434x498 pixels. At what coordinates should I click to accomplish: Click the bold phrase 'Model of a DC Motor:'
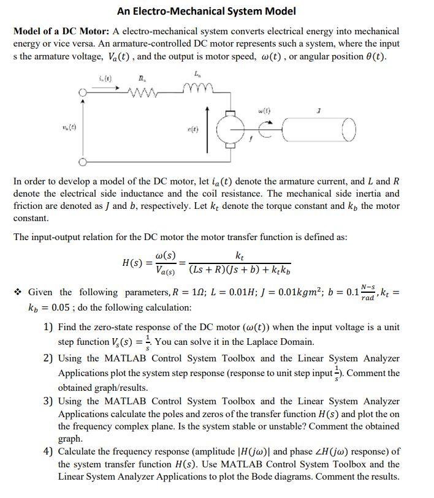[x=61, y=31]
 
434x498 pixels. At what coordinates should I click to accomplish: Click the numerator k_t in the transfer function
[x=241, y=255]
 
